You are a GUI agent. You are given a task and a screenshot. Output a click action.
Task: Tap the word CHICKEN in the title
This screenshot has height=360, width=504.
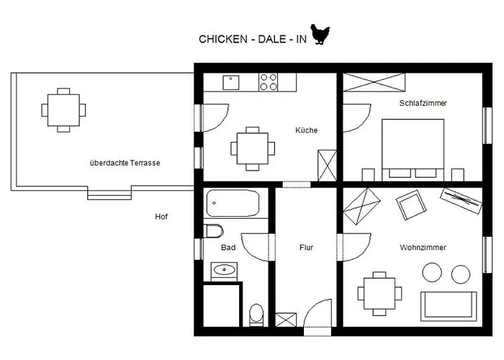(x=221, y=40)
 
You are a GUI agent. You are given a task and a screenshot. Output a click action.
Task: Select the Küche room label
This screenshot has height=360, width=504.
(x=306, y=130)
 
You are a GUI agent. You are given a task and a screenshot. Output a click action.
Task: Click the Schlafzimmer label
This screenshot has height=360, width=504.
(x=423, y=103)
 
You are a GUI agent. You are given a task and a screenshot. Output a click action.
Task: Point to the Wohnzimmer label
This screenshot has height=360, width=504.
(x=423, y=247)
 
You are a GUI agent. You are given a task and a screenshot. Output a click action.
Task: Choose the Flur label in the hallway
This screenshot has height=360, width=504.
(x=306, y=247)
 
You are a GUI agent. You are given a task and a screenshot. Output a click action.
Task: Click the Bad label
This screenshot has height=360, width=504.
(x=228, y=247)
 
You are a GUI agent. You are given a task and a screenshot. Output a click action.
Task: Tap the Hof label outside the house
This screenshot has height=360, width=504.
(x=161, y=216)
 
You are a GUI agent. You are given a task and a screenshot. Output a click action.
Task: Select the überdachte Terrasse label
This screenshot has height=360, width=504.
(x=125, y=163)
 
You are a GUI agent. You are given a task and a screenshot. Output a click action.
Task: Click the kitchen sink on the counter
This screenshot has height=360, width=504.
(x=231, y=82)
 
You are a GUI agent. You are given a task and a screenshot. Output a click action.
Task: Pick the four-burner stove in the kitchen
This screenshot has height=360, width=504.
(x=269, y=82)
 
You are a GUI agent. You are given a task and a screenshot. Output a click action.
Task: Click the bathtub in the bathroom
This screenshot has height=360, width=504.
(x=233, y=203)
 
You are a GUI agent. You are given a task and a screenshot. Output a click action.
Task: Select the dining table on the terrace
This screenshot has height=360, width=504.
(x=63, y=109)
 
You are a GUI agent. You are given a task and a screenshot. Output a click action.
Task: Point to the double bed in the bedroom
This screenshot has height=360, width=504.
(x=413, y=147)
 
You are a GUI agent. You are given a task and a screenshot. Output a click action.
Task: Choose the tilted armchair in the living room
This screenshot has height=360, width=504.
(x=412, y=206)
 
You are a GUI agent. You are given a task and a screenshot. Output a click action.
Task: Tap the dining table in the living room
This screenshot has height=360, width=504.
(x=379, y=293)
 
